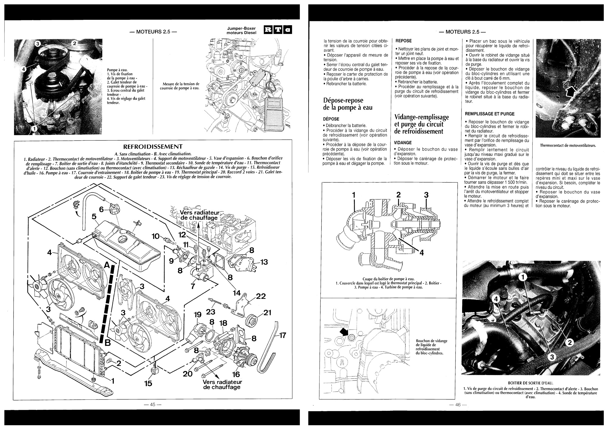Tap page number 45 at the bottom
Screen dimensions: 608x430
click(152, 404)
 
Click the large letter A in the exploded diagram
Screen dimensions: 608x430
click(107, 265)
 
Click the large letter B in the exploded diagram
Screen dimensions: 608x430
click(108, 343)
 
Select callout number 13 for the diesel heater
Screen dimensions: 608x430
click(264, 262)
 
